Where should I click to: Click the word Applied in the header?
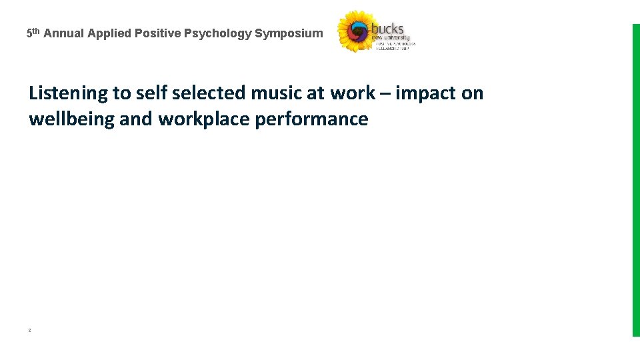(110, 33)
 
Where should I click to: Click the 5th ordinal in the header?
(33, 32)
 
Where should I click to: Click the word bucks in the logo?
(388, 28)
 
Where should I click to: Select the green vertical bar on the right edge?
(635, 180)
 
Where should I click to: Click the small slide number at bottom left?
(30, 330)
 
